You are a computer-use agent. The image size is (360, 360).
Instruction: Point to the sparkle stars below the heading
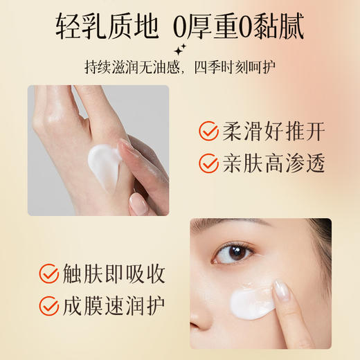181,48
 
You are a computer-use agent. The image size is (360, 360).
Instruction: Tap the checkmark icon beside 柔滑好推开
208,130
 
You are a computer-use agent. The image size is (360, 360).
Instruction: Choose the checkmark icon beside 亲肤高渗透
208,163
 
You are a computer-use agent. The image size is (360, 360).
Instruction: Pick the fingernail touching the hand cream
127,147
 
